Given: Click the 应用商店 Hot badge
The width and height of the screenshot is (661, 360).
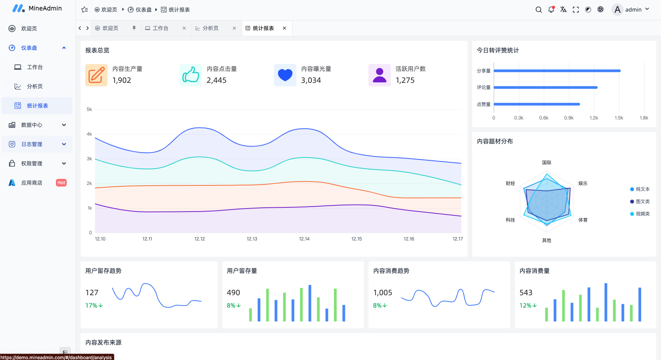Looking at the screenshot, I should (x=61, y=183).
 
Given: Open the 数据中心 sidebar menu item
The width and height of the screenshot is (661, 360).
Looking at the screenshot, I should (x=32, y=125).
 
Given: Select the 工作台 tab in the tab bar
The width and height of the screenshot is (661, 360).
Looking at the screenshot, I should (x=160, y=28).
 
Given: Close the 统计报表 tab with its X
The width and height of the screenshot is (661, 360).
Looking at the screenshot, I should (x=284, y=28).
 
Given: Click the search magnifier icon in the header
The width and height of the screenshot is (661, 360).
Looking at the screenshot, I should (x=538, y=10).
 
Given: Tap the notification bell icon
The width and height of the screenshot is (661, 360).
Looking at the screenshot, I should (x=551, y=10).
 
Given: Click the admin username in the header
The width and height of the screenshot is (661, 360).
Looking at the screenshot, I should (x=633, y=10).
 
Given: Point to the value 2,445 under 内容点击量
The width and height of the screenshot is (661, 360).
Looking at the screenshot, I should (x=217, y=80).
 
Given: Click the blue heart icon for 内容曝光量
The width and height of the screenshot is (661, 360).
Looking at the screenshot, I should (x=285, y=75).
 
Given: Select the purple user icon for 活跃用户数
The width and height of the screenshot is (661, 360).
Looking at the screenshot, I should (x=379, y=75).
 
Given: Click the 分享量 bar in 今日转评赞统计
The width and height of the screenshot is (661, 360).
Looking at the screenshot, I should (x=557, y=71).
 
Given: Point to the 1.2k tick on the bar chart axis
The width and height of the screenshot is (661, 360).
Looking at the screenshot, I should (x=594, y=118).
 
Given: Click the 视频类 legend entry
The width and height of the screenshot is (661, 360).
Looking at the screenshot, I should (x=642, y=214).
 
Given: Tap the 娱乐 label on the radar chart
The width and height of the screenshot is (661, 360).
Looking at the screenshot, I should (x=583, y=183).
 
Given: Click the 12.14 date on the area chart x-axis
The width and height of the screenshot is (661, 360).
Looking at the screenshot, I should (x=304, y=239).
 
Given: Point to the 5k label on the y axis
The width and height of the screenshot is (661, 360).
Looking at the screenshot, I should (x=89, y=109).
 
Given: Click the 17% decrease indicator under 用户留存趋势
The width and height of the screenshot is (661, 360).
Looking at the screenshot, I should (x=94, y=305).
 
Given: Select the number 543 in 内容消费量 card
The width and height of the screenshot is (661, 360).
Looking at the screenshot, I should (x=526, y=293).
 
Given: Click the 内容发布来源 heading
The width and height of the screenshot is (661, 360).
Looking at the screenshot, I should (x=103, y=342).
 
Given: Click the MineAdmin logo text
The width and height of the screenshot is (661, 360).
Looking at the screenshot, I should (x=45, y=8).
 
